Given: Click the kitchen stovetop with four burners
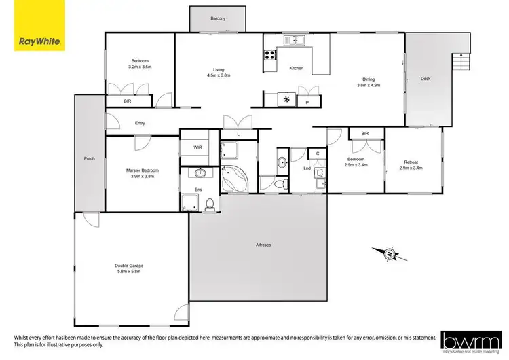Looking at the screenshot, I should [x=271, y=55].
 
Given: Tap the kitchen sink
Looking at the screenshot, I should [x=296, y=39].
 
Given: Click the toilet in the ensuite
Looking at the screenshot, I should [x=210, y=203].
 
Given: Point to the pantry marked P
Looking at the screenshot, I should [x=307, y=102].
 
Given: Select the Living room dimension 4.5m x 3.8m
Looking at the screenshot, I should [x=218, y=75].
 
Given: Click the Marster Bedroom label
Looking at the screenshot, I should [x=143, y=170].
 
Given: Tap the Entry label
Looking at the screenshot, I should [x=140, y=123].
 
